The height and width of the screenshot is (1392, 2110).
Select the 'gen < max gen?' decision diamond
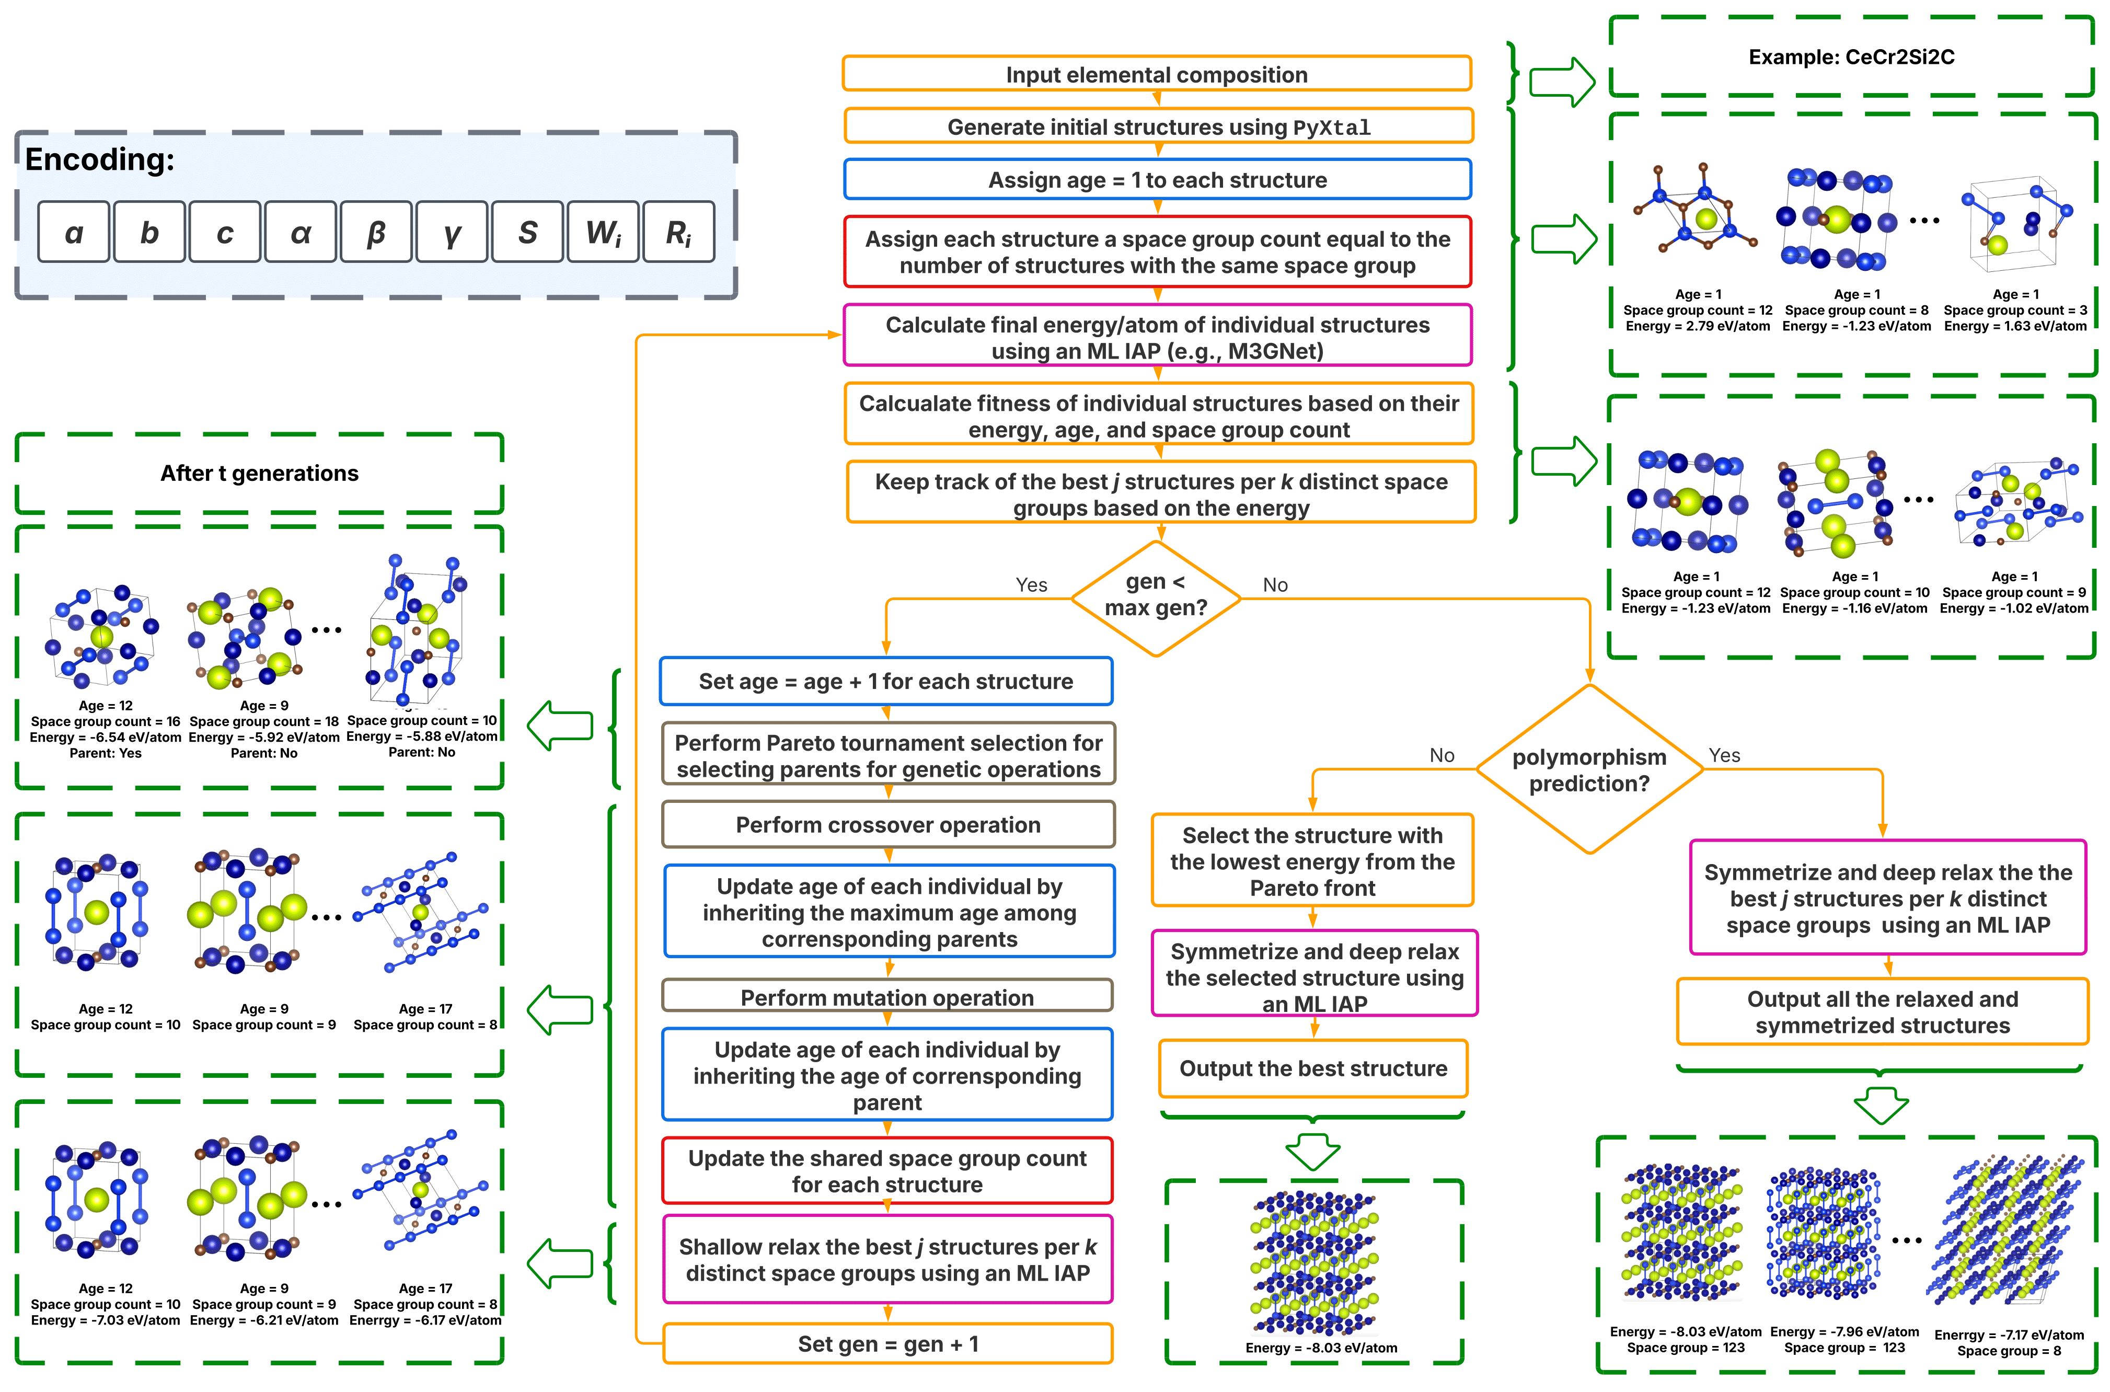(1155, 596)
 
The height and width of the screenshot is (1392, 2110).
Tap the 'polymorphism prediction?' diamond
(1589, 769)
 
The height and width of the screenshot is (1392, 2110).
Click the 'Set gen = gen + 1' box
(887, 1344)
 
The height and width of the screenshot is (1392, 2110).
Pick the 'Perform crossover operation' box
(887, 825)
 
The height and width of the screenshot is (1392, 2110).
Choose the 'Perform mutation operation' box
(887, 997)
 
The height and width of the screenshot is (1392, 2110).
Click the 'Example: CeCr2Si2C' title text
(1852, 57)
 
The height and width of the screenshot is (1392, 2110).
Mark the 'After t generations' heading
(259, 473)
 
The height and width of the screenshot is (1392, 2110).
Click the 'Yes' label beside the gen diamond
(1031, 585)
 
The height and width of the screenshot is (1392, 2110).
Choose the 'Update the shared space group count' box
(887, 1171)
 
